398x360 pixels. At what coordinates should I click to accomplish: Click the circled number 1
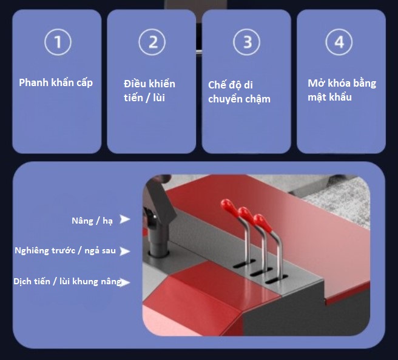point(58,42)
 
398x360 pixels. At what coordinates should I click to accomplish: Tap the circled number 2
point(152,42)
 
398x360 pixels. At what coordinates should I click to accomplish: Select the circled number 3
point(247,42)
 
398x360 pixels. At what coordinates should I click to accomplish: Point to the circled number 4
point(339,42)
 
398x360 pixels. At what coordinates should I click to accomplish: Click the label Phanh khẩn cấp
point(56,83)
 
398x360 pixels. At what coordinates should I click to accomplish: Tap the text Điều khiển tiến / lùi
point(149,90)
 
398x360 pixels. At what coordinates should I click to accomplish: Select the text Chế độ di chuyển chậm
point(239,92)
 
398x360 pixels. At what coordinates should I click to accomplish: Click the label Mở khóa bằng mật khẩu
point(342,90)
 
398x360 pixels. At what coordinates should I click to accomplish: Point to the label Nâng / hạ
point(92,221)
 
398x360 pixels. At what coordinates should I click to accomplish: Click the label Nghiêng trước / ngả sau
point(66,251)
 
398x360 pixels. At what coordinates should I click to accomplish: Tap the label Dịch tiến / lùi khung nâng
point(67,281)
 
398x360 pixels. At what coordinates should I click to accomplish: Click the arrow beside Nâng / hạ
point(125,219)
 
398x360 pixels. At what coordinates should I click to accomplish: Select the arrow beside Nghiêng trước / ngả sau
point(125,252)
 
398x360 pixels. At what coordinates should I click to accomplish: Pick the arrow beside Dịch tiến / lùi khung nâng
point(126,282)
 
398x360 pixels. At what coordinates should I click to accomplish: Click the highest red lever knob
point(227,205)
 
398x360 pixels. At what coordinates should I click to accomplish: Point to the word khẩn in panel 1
point(62,83)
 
